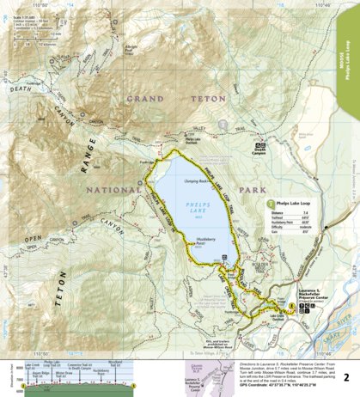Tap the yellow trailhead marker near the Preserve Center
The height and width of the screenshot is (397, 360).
click(292, 306)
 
